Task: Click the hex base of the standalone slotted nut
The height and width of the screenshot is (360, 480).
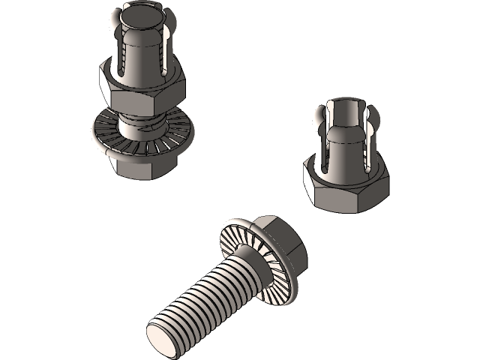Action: tap(345, 184)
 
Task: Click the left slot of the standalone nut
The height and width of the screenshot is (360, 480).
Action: tap(328, 150)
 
